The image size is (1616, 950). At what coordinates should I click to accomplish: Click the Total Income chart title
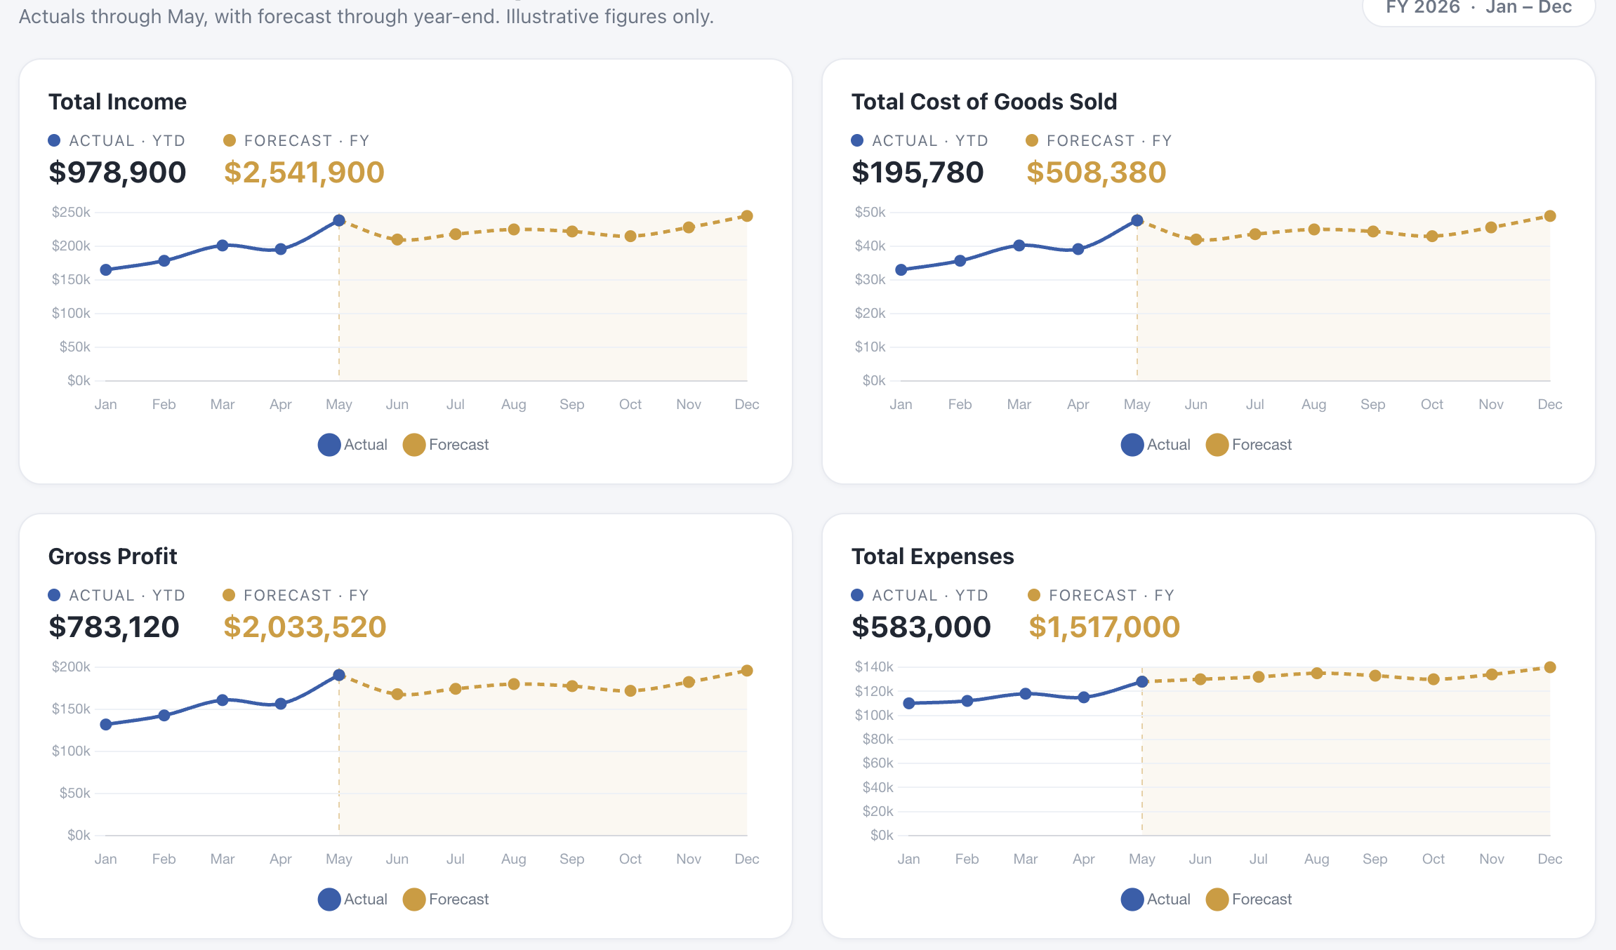[x=117, y=102]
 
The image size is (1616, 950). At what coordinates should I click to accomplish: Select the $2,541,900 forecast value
[x=304, y=172]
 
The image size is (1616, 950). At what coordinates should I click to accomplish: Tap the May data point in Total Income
[x=339, y=220]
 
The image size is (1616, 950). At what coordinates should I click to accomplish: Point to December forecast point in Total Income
[x=747, y=216]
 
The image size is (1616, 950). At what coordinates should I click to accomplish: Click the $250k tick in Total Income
[x=71, y=212]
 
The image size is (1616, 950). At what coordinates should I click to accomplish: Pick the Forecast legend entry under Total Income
[x=446, y=445]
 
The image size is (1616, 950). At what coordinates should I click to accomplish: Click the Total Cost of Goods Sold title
[x=984, y=102]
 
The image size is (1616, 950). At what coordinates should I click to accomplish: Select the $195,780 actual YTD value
[x=918, y=172]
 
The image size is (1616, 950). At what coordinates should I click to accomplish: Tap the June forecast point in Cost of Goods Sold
[x=1196, y=239]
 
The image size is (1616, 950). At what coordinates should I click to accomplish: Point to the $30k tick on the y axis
[x=870, y=279]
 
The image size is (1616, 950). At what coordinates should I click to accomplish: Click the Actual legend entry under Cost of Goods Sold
[x=1155, y=445]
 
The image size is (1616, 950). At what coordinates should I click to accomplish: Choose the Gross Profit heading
[x=112, y=556]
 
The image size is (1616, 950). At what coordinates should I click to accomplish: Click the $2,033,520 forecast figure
[x=305, y=627]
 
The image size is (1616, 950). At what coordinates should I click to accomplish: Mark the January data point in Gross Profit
[x=106, y=724]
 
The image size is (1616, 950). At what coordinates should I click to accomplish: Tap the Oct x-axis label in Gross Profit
[x=630, y=859]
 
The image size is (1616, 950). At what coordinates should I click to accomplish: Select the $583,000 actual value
[x=921, y=627]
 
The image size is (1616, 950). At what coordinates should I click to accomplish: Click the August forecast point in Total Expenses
[x=1317, y=673]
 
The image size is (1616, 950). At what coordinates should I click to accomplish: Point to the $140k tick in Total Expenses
[x=874, y=667]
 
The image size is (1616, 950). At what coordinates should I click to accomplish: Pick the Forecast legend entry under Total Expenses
[x=1249, y=899]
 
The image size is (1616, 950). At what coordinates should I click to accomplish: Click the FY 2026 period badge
[x=1478, y=8]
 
